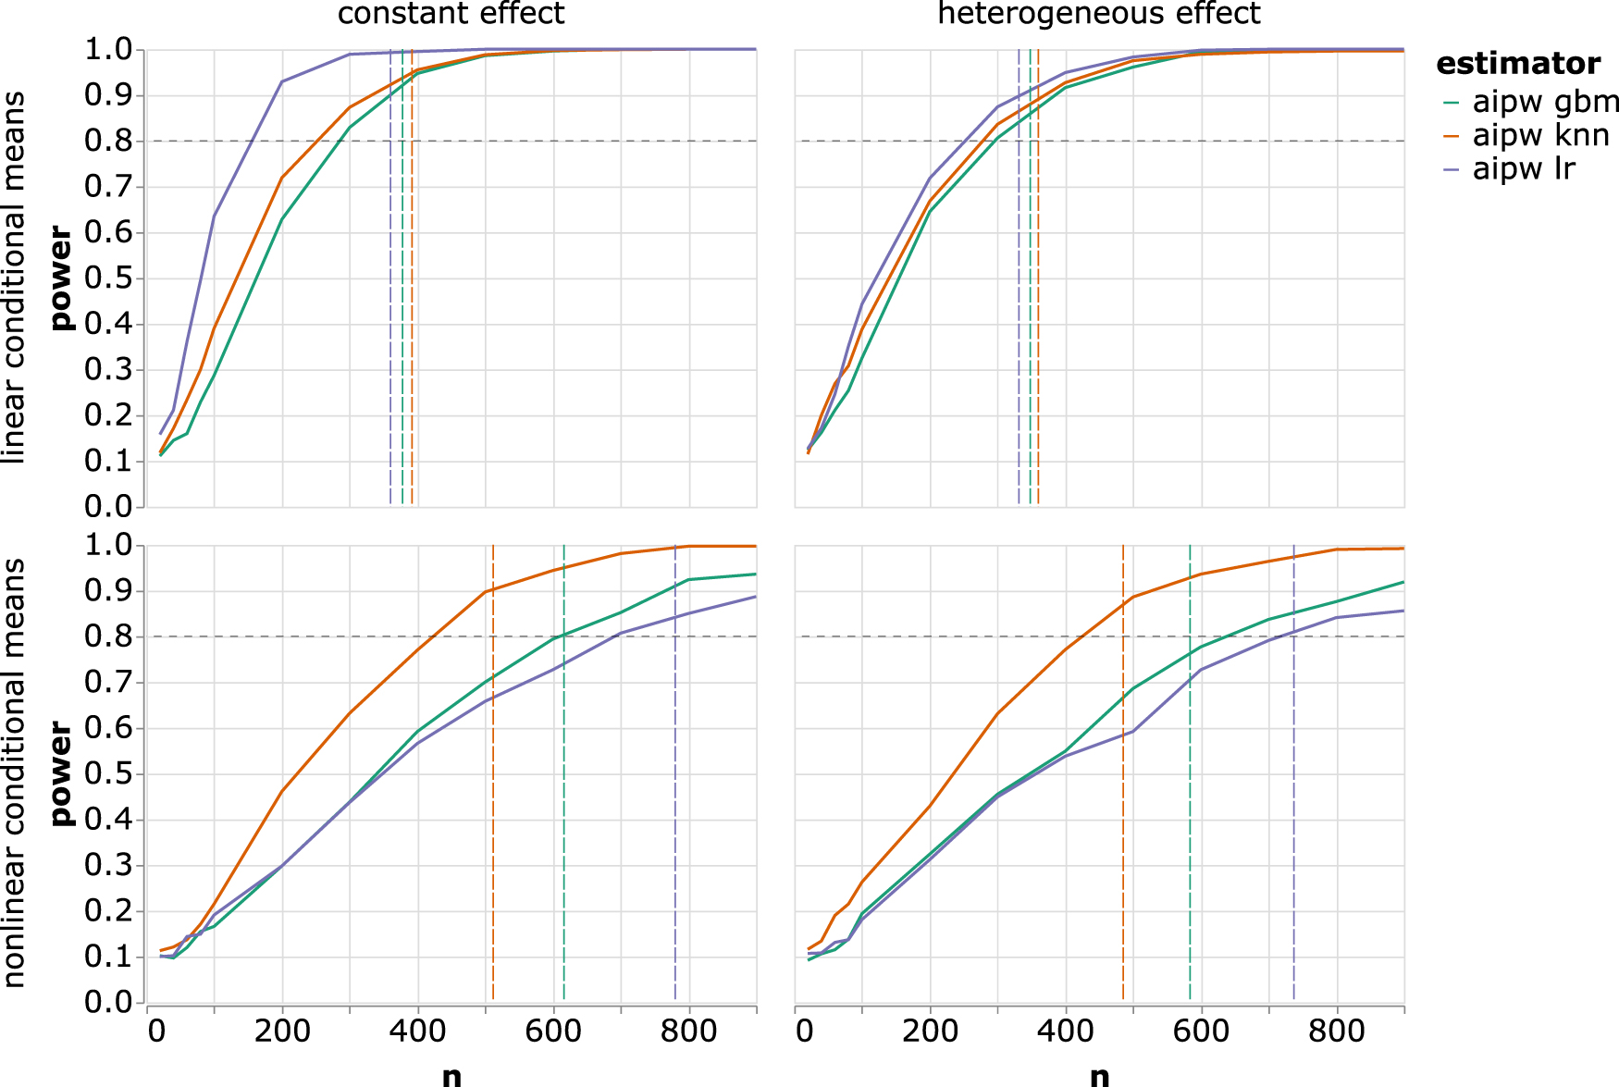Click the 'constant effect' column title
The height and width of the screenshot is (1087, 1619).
point(451,14)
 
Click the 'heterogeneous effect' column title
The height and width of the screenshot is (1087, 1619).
point(1098,14)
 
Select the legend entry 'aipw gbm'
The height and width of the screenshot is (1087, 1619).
point(1544,101)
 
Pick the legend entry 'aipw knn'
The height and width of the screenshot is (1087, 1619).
point(1539,135)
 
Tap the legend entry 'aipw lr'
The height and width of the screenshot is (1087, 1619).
point(1522,169)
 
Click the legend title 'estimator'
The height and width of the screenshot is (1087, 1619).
point(1517,64)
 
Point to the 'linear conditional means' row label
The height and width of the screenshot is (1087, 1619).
point(13,278)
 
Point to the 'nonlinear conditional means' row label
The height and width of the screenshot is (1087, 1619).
point(13,773)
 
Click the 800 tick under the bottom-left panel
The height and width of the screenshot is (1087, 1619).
point(688,1031)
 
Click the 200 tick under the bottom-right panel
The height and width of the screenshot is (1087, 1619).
point(930,1031)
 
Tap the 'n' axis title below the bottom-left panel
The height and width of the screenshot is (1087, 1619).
point(451,1075)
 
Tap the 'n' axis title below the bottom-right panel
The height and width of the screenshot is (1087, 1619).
point(1098,1075)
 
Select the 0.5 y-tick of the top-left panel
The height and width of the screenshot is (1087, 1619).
point(108,278)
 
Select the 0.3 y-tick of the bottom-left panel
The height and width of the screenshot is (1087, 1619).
point(108,866)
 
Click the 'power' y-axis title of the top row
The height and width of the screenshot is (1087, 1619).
point(61,278)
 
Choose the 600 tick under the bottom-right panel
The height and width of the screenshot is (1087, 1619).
point(1201,1031)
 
